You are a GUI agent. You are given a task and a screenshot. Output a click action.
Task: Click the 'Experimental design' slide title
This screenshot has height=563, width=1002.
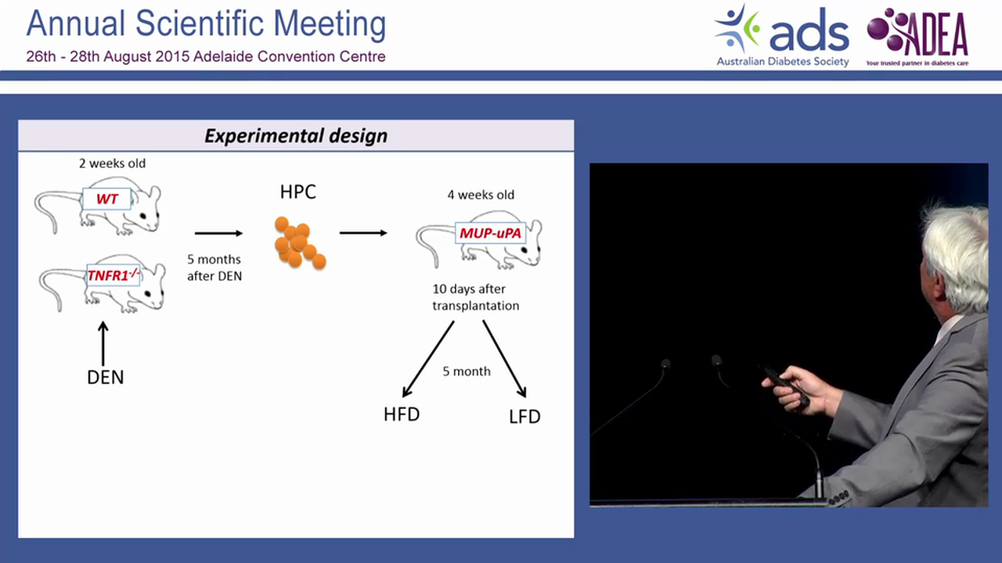coord(296,135)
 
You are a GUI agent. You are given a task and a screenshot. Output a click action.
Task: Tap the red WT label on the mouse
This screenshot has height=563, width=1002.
coord(107,199)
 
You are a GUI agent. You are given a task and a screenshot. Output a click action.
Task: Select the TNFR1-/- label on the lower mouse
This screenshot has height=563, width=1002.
coord(113,274)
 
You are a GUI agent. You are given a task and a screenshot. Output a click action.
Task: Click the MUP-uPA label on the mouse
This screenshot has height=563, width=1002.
coord(490,233)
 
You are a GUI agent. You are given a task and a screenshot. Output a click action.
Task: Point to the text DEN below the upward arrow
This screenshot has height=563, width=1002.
coord(105,377)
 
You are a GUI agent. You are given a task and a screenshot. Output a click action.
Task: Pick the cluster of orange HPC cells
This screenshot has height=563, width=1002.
coord(298,243)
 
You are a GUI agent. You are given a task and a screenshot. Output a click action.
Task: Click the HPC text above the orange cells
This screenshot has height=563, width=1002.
coord(297,192)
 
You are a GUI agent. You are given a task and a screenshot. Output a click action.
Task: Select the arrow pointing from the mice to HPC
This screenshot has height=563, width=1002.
coord(218,233)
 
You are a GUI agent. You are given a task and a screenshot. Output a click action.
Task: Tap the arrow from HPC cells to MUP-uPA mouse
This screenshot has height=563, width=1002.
coord(363,233)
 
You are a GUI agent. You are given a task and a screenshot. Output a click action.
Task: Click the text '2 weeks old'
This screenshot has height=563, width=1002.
coord(112,163)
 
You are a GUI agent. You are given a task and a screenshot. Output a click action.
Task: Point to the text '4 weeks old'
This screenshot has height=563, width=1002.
coord(481,195)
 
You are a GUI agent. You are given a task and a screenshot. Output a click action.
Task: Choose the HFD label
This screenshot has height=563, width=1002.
coord(402,414)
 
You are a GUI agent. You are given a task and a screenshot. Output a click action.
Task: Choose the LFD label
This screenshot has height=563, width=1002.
coord(524,417)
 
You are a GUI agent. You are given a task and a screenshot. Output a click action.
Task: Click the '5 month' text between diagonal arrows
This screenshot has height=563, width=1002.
coord(467,371)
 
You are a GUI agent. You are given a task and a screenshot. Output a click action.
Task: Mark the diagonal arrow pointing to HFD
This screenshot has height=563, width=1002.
coord(427,359)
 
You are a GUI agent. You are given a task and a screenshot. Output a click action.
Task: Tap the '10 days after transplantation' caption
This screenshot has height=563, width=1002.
coord(476,298)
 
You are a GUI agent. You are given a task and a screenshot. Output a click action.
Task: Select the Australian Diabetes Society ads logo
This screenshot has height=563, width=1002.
coord(782,36)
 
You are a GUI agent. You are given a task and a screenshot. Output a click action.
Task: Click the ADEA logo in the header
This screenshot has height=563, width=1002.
coord(917,36)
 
